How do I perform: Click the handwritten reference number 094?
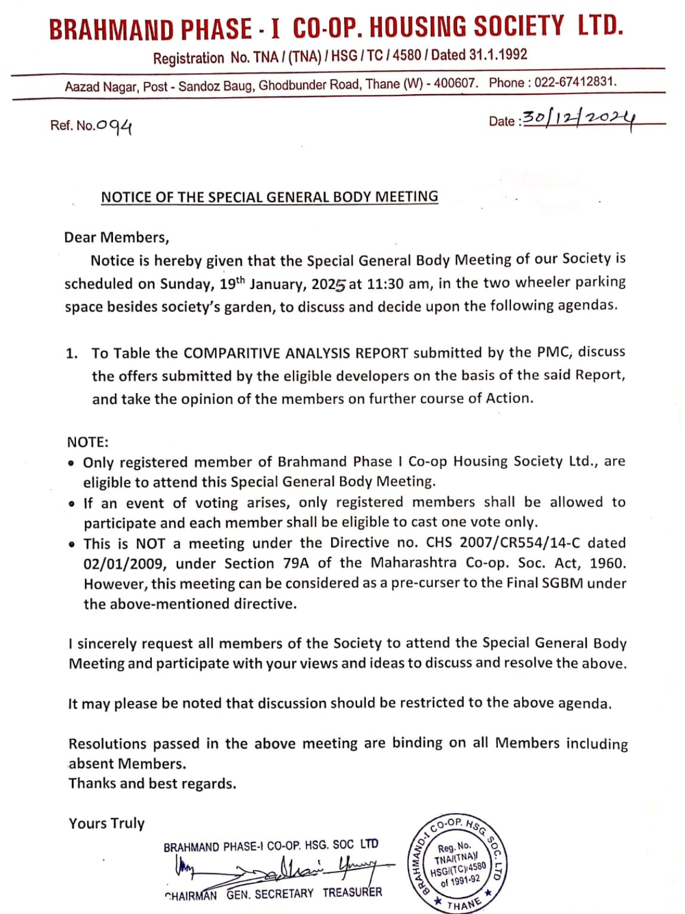(x=114, y=126)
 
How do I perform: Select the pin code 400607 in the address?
(x=455, y=83)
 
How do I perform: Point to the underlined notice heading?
(x=269, y=197)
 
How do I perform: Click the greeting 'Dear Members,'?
(x=116, y=237)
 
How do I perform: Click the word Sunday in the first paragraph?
(x=186, y=284)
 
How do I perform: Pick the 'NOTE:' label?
(x=88, y=442)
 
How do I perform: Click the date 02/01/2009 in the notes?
(x=125, y=564)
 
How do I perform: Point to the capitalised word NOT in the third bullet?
(x=150, y=543)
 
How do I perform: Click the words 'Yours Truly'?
(x=107, y=823)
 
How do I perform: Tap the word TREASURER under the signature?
(x=352, y=892)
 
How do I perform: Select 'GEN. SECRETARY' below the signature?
(x=269, y=893)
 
